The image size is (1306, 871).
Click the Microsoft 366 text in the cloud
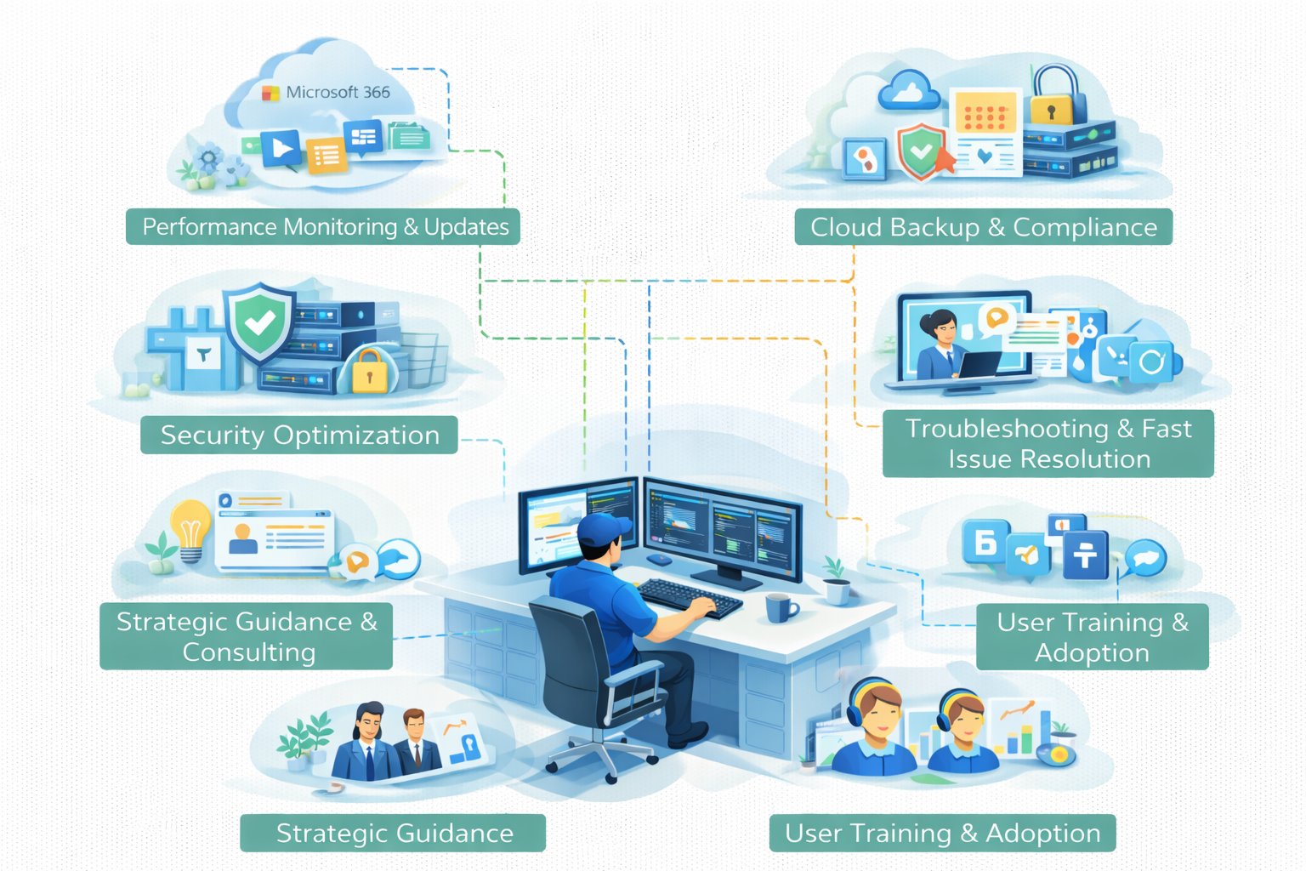coord(338,92)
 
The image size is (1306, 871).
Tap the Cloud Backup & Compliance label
coord(983,227)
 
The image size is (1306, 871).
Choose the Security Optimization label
coord(299,435)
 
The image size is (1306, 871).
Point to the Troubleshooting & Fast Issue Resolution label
coord(1048,443)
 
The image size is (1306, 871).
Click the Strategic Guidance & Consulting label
coord(247,636)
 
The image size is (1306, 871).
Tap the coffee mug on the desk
coord(780,608)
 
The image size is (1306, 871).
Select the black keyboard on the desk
coord(689,596)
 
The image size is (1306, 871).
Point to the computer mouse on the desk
coord(659,560)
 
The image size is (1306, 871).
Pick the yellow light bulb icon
coord(190,527)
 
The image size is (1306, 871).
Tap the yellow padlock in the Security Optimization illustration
coord(369,371)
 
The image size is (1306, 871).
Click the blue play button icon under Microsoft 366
coord(281,149)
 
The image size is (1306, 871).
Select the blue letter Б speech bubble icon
coord(985,542)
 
